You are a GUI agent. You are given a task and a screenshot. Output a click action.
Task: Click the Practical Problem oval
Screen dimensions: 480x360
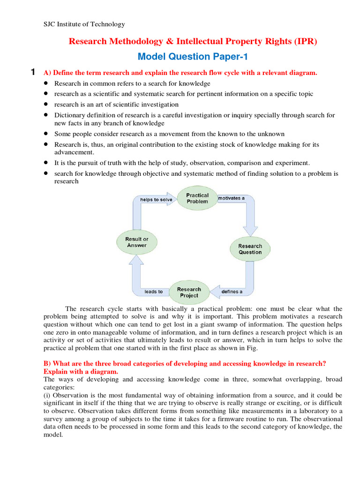point(197,198)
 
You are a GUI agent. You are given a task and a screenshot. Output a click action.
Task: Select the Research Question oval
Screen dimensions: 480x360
point(250,249)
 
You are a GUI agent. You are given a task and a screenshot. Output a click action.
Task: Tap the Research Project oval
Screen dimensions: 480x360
point(189,292)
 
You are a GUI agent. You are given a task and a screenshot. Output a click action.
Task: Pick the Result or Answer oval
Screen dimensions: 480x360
point(136,242)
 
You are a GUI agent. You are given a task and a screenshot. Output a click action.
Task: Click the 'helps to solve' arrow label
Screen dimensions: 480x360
point(156,199)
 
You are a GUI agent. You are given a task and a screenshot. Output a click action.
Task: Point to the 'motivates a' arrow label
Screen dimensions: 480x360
point(232,198)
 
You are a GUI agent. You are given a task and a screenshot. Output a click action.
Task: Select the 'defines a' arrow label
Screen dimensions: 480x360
point(232,292)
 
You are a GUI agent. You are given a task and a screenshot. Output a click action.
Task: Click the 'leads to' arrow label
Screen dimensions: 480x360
point(153,292)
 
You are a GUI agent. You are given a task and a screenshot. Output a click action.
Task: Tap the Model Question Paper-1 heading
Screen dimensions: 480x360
point(192,57)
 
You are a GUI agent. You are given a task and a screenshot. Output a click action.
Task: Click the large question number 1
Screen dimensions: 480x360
point(32,72)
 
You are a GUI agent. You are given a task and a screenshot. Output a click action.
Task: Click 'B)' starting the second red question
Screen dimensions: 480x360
point(47,363)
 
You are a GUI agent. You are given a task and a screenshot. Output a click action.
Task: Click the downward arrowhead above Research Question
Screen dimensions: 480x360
point(250,230)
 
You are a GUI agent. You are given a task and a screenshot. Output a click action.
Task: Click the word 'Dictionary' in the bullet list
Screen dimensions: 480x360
point(69,115)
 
